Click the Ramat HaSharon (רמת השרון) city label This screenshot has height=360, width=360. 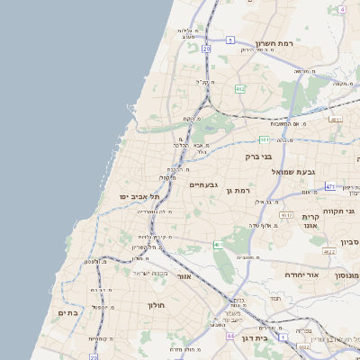(x=274, y=43)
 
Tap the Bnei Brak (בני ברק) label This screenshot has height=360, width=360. (x=258, y=156)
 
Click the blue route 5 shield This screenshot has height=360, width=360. (x=230, y=40)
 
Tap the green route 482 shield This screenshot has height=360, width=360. (x=239, y=89)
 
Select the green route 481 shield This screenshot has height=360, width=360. (x=264, y=139)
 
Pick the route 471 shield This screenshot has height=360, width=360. (x=329, y=186)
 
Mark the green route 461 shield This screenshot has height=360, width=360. (x=219, y=244)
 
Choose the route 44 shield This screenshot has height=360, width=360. (x=230, y=336)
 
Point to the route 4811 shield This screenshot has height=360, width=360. (x=335, y=119)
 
